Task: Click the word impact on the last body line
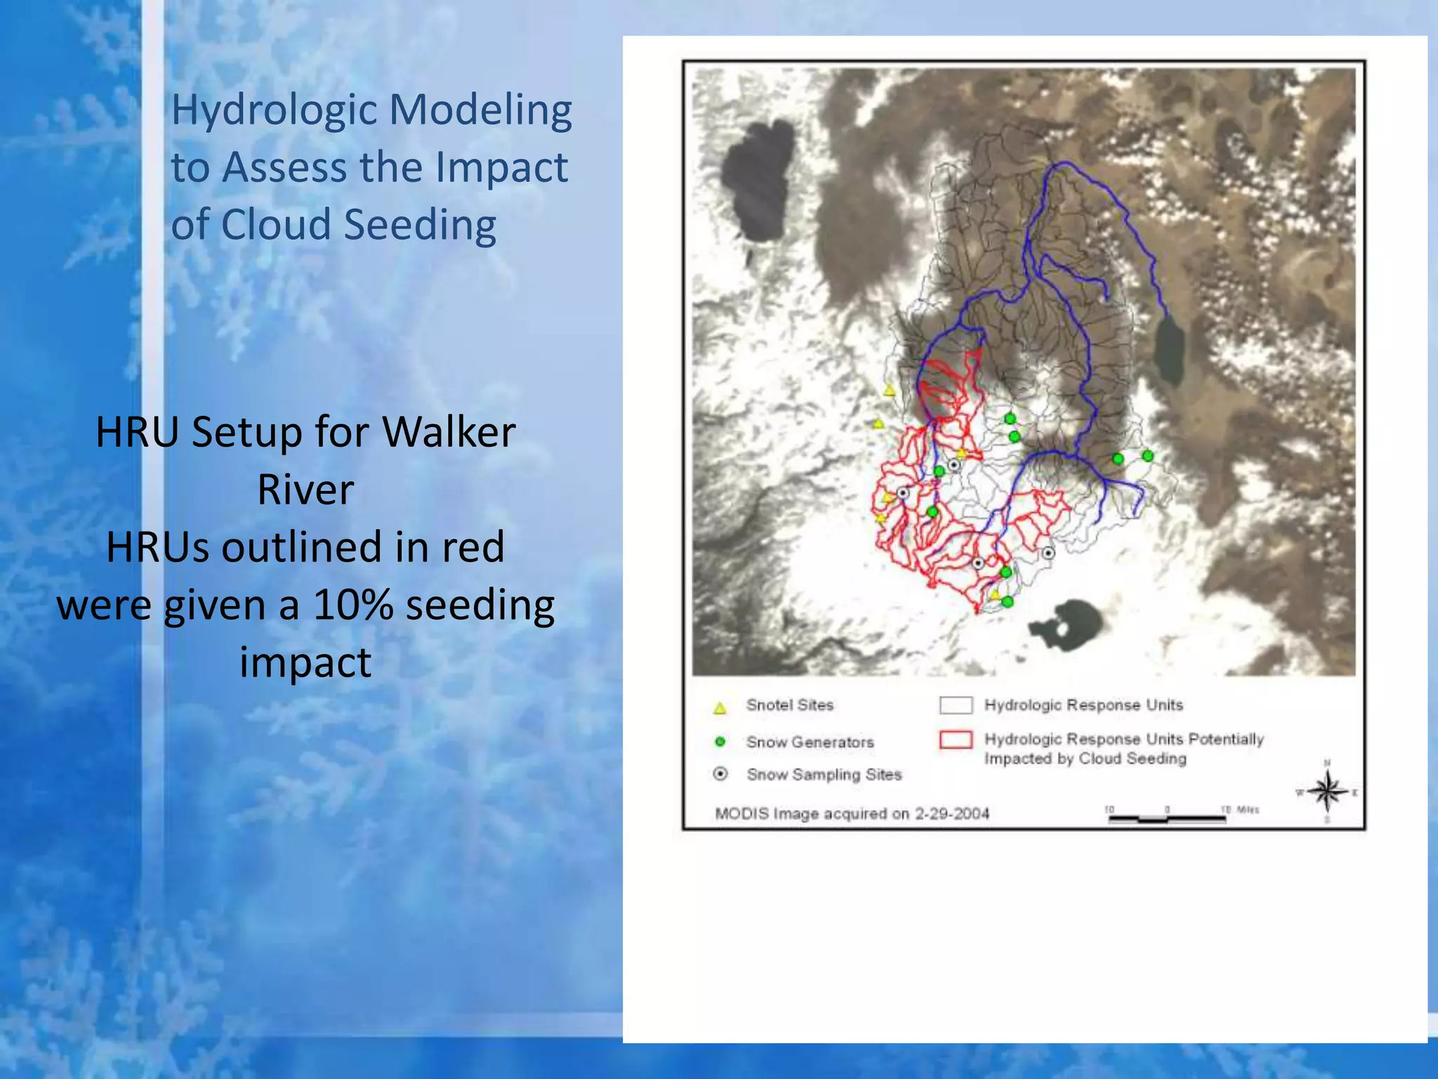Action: (x=305, y=662)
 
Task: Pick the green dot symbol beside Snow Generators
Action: (x=720, y=741)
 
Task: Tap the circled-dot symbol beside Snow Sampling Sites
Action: (x=720, y=774)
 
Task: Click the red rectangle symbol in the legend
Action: (x=956, y=740)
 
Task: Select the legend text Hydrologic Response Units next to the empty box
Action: (x=1083, y=705)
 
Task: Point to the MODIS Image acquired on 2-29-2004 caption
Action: (x=852, y=813)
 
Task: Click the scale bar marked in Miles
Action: (x=1167, y=817)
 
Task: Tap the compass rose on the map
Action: (x=1326, y=792)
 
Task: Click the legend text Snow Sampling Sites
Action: (x=824, y=774)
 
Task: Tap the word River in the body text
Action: (x=305, y=490)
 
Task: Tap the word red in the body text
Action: (x=472, y=547)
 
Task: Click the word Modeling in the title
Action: (x=480, y=111)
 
